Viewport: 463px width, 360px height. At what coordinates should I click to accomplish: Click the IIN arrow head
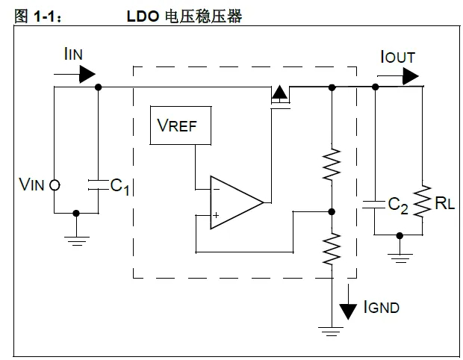(87, 73)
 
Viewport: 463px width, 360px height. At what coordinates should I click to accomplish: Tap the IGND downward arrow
(348, 307)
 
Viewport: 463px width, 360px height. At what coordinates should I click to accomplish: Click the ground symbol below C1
(76, 238)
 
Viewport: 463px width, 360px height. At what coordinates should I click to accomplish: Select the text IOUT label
(397, 57)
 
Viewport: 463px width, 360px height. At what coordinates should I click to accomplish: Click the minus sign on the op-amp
(216, 189)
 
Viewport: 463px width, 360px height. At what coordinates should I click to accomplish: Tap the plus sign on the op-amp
(216, 216)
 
